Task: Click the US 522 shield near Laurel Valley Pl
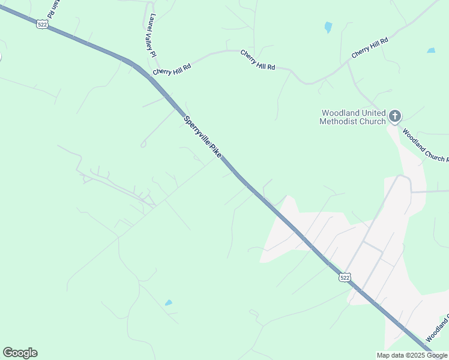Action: click(x=41, y=23)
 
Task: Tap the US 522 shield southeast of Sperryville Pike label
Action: click(x=344, y=277)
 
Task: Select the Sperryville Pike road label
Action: click(x=203, y=137)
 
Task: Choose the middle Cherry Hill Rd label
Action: click(x=258, y=60)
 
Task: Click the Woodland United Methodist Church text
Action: click(x=354, y=117)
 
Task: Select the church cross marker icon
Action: click(x=395, y=115)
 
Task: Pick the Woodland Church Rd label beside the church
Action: click(x=425, y=146)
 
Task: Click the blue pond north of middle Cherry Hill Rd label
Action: click(x=328, y=27)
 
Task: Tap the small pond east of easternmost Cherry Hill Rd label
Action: click(x=431, y=50)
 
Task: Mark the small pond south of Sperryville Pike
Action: click(x=169, y=303)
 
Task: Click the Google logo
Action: click(x=20, y=353)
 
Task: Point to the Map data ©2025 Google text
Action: click(x=412, y=355)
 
